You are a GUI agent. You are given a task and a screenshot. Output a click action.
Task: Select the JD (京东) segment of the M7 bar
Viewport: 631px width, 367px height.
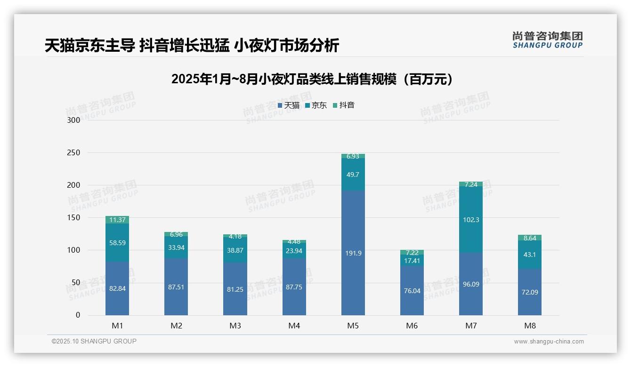point(470,220)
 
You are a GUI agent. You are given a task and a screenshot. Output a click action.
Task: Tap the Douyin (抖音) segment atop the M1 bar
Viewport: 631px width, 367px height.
point(117,220)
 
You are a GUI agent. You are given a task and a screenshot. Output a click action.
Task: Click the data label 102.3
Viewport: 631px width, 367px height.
point(470,220)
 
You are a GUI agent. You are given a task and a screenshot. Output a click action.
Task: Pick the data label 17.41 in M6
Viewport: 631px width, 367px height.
point(412,261)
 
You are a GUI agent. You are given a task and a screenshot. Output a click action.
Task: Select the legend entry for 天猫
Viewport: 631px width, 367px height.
point(288,105)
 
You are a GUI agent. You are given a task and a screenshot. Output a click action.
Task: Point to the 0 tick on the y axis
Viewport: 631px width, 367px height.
point(78,315)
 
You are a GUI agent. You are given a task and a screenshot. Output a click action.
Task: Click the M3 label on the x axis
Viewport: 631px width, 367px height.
point(235,326)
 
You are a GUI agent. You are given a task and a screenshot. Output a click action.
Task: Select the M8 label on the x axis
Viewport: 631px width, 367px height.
point(530,326)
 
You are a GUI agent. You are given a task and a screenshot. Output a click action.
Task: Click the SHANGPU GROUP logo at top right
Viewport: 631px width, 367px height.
point(547,40)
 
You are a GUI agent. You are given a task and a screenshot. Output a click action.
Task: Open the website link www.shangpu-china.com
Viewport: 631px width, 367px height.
point(549,342)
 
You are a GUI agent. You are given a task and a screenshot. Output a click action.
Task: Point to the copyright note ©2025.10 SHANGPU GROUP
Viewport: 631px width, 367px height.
point(94,341)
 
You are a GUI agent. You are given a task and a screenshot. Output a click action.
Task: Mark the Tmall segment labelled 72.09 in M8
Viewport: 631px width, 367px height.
point(530,292)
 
